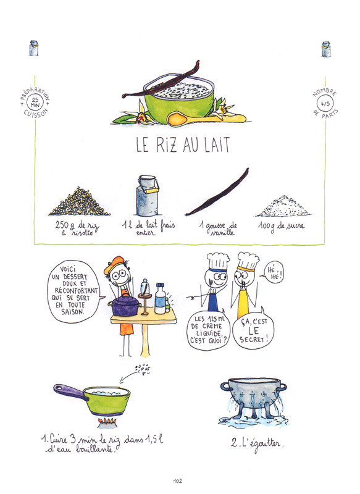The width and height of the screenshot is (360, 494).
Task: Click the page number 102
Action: pyautogui.click(x=177, y=481)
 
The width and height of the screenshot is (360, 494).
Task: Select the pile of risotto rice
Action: pyautogui.click(x=80, y=202)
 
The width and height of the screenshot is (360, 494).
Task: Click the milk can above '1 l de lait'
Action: pyautogui.click(x=147, y=195)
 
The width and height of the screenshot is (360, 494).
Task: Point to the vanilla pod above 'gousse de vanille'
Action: pyautogui.click(x=217, y=192)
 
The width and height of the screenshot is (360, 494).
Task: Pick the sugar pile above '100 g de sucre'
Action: pyautogui.click(x=283, y=206)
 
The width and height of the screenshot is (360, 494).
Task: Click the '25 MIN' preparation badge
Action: pyautogui.click(x=35, y=103)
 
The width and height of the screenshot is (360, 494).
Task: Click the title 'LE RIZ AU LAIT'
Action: pyautogui.click(x=183, y=145)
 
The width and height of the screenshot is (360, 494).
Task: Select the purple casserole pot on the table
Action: pyautogui.click(x=125, y=304)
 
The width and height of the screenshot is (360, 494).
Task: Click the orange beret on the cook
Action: pyautogui.click(x=114, y=264)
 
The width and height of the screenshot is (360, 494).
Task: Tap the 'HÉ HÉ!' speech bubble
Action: pyautogui.click(x=274, y=272)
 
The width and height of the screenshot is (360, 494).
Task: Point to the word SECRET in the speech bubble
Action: pyautogui.click(x=251, y=340)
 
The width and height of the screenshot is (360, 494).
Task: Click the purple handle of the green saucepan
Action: pyautogui.click(x=69, y=392)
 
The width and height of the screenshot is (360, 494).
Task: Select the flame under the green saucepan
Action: pyautogui.click(x=107, y=421)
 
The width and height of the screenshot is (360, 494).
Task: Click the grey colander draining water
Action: pyautogui.click(x=254, y=397)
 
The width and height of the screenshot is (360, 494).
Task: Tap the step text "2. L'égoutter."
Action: pyautogui.click(x=257, y=444)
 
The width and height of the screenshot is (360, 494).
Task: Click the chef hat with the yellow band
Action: pyautogui.click(x=248, y=261)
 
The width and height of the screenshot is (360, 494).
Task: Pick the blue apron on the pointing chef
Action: pyautogui.click(x=213, y=301)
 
